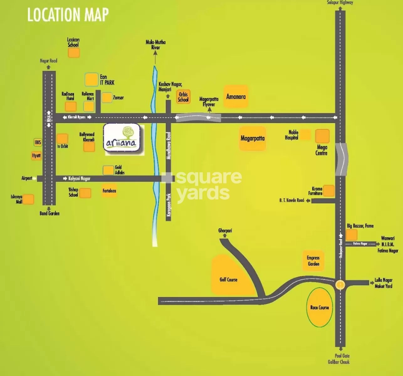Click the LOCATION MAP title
point(68,15)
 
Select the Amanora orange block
point(236,97)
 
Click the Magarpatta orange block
point(253,138)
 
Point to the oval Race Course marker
point(319,307)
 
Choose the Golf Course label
point(228,279)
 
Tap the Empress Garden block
point(313,261)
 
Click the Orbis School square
point(183,97)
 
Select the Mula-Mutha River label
point(155,45)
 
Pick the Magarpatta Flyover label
point(209,102)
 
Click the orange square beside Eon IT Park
point(92,80)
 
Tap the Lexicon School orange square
point(74,53)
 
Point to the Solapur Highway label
point(340,3)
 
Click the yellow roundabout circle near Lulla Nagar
point(340,285)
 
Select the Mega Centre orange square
point(322,136)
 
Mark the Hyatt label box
point(36,155)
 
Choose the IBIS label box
point(38,142)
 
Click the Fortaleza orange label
point(109,191)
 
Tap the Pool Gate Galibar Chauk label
point(339,359)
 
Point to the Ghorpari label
point(225,231)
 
